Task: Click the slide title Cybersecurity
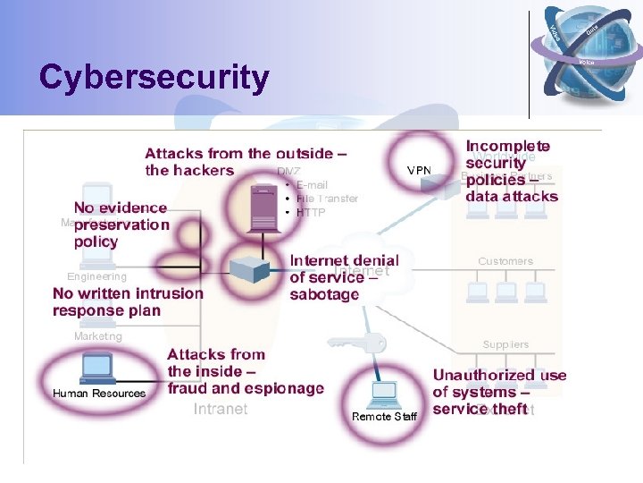(154, 78)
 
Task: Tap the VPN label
(419, 170)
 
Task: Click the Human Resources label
(99, 394)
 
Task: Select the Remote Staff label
(384, 417)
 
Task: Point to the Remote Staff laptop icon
(384, 392)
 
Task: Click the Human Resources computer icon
(96, 367)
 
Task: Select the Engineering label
(96, 277)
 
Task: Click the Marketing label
(98, 337)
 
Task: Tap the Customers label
(505, 261)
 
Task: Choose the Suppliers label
(505, 344)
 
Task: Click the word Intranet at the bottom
(221, 410)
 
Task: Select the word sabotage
(324, 294)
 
